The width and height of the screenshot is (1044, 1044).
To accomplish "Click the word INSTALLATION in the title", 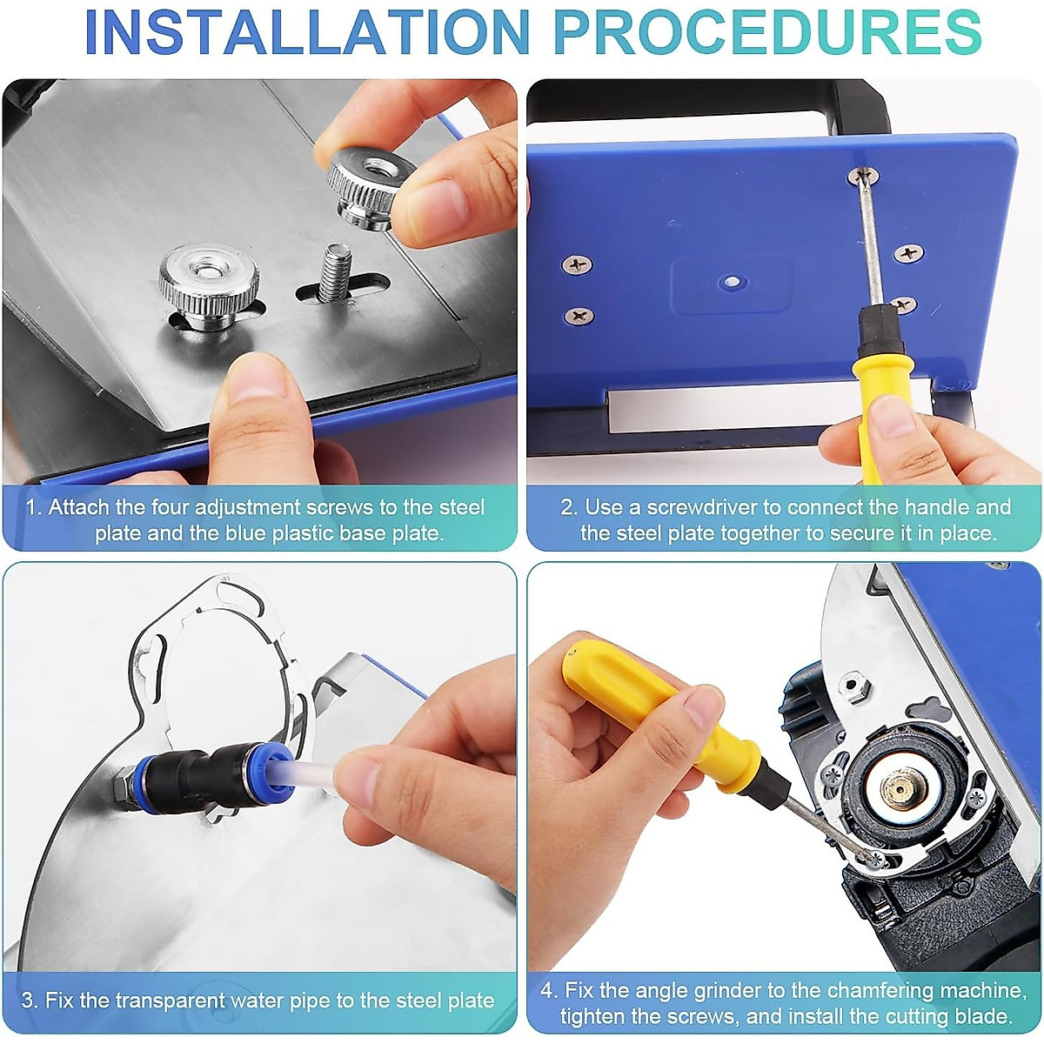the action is pyautogui.click(x=307, y=31).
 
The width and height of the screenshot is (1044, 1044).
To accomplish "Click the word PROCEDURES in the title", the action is pyautogui.click(x=768, y=31).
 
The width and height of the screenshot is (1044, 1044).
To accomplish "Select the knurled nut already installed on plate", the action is pyautogui.click(x=209, y=285).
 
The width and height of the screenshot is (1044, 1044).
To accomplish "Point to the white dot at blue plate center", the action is pyautogui.click(x=732, y=281).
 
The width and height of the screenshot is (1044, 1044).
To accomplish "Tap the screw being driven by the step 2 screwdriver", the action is pyautogui.click(x=864, y=175).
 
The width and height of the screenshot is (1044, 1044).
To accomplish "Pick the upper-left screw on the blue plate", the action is pyautogui.click(x=577, y=265).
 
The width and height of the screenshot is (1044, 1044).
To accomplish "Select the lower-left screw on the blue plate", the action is pyautogui.click(x=579, y=315).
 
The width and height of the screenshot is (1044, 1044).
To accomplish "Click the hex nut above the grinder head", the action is pyautogui.click(x=853, y=686).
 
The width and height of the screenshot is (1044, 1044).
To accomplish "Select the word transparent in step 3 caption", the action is pyautogui.click(x=169, y=1000).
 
